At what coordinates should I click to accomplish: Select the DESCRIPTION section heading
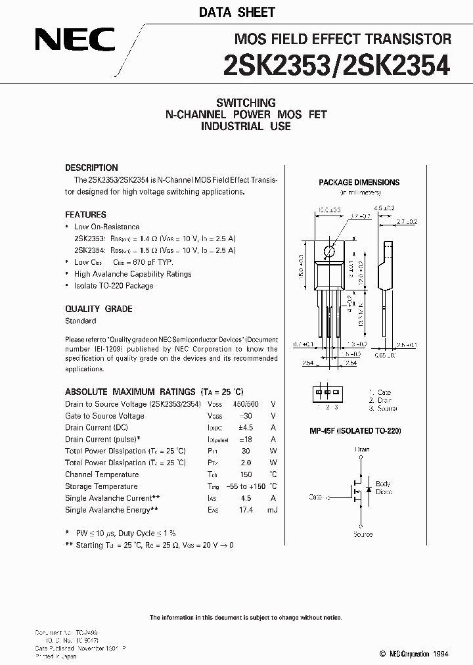point(91,168)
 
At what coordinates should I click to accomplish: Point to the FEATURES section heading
point(85,214)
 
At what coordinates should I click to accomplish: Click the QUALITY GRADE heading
point(99,309)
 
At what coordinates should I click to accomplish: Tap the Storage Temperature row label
point(101,486)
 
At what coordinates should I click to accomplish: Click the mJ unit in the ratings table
point(272,510)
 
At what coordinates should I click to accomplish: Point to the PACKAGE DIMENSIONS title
point(359,183)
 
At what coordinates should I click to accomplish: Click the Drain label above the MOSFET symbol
point(363,449)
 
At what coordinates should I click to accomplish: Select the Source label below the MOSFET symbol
point(363,534)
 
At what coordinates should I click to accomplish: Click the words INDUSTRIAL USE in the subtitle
point(246,126)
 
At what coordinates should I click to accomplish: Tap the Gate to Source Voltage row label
point(104,416)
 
